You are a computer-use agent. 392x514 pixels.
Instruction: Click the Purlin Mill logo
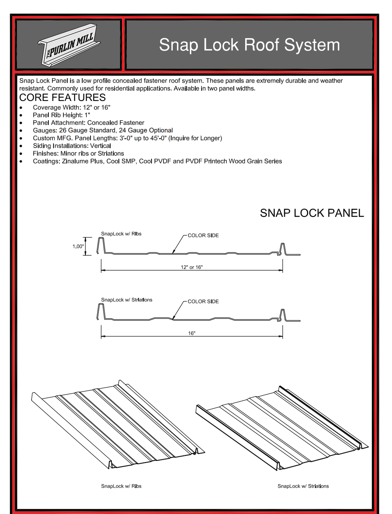pyautogui.click(x=69, y=45)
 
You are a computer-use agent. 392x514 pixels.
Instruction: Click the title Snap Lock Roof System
pyautogui.click(x=249, y=45)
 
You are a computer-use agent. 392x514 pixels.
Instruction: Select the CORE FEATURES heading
pyautogui.click(x=63, y=97)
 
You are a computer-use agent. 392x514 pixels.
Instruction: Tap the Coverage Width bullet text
pyautogui.click(x=71, y=107)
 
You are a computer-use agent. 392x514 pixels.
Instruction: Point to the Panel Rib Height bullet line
pyautogui.click(x=61, y=115)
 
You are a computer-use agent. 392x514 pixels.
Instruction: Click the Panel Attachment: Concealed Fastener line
pyautogui.click(x=89, y=123)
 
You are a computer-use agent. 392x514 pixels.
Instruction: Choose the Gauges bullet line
pyautogui.click(x=103, y=130)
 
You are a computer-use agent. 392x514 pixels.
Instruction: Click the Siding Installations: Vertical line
pyautogui.click(x=72, y=146)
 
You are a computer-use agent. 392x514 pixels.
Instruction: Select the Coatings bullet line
pyautogui.click(x=157, y=161)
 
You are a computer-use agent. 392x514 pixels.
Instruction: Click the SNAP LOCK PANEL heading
pyautogui.click(x=312, y=213)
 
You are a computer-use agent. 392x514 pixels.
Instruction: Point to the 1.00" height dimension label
pyautogui.click(x=78, y=246)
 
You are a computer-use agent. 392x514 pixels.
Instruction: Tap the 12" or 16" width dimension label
pyautogui.click(x=192, y=267)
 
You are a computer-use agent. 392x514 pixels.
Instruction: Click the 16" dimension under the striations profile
pyautogui.click(x=192, y=333)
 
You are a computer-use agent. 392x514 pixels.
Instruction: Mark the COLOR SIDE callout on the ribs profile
pyautogui.click(x=203, y=235)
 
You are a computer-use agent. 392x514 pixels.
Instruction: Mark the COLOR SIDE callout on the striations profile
pyautogui.click(x=203, y=301)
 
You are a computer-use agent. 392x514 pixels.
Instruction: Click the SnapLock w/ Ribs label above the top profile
pyautogui.click(x=121, y=234)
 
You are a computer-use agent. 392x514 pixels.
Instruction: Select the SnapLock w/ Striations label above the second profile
pyautogui.click(x=127, y=300)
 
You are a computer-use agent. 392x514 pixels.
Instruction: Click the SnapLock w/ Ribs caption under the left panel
pyautogui.click(x=121, y=486)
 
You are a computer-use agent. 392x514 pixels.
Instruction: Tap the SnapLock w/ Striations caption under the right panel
pyautogui.click(x=303, y=486)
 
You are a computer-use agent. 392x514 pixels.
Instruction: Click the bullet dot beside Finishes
pyautogui.click(x=21, y=154)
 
